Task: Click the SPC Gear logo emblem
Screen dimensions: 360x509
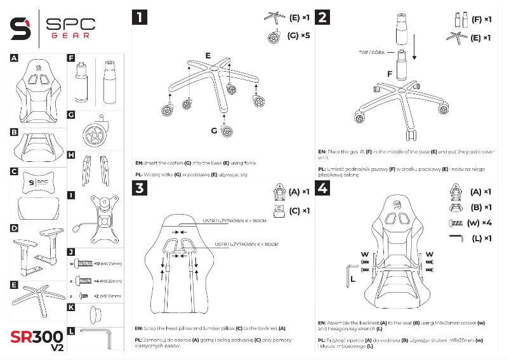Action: tap(22, 28)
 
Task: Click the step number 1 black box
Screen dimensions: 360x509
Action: tap(138, 17)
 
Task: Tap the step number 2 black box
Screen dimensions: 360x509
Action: tap(323, 17)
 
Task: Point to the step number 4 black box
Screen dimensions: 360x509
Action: tap(323, 188)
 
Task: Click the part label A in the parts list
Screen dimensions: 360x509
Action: tap(13, 57)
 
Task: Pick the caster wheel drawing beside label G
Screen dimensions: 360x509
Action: tap(96, 131)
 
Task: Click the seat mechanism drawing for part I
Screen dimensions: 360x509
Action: tap(100, 217)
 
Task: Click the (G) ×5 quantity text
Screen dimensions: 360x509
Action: tap(298, 36)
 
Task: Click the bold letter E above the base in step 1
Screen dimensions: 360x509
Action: tap(208, 55)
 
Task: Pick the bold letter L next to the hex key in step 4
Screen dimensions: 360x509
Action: tap(352, 277)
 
